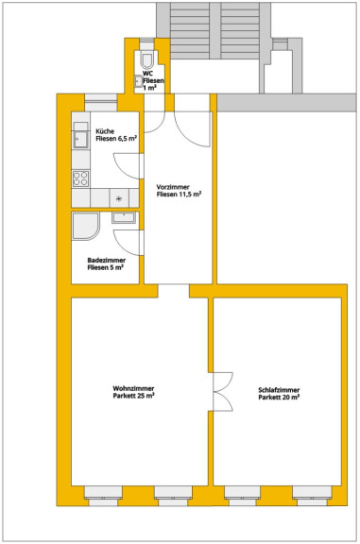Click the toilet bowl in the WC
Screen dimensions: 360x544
pos(147,59)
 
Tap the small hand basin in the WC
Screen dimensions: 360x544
pos(139,82)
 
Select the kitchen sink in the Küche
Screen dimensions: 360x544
pos(80,140)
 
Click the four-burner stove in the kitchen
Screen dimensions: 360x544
pos(80,178)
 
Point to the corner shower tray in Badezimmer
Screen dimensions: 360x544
pos(85,227)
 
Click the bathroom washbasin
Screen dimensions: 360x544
pos(124,218)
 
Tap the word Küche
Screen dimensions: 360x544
pos(105,131)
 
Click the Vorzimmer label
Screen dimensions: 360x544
pos(173,187)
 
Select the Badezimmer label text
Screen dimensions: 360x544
pos(107,261)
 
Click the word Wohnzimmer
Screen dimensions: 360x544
pos(133,388)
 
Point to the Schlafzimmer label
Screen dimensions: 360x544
pos(279,390)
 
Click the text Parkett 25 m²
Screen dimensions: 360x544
pos(133,396)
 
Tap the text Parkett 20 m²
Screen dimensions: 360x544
pos(279,398)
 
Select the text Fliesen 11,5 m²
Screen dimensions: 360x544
pos(179,195)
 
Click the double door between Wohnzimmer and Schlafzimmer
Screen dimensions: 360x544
pos(223,392)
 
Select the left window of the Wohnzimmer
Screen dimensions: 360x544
pos(103,496)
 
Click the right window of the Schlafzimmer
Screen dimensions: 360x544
pos(312,496)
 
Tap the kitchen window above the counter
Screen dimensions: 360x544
pos(101,103)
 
